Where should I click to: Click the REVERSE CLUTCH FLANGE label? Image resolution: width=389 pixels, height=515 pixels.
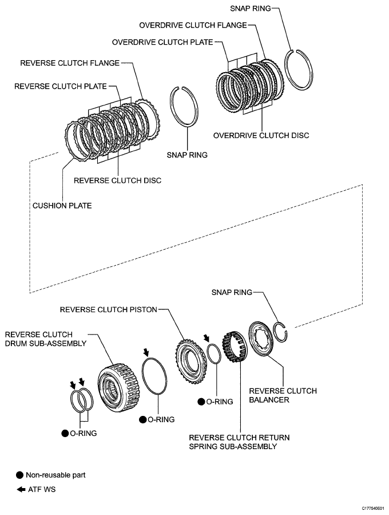click(x=70, y=62)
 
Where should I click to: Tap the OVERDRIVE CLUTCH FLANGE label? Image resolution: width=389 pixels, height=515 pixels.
click(x=193, y=25)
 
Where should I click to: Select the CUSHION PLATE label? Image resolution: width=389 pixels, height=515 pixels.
click(x=62, y=205)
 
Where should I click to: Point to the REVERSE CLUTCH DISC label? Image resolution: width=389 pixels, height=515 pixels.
click(x=117, y=180)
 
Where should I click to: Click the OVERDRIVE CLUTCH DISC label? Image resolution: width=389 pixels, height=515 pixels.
click(x=261, y=136)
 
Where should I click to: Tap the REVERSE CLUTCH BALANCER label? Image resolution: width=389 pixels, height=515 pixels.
click(x=283, y=396)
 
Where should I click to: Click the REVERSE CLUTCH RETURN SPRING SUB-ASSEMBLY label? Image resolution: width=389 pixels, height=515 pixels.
click(x=239, y=442)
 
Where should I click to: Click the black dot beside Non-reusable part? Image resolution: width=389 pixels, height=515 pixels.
click(x=20, y=475)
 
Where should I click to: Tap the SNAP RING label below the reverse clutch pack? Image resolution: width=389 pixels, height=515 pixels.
click(x=186, y=155)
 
